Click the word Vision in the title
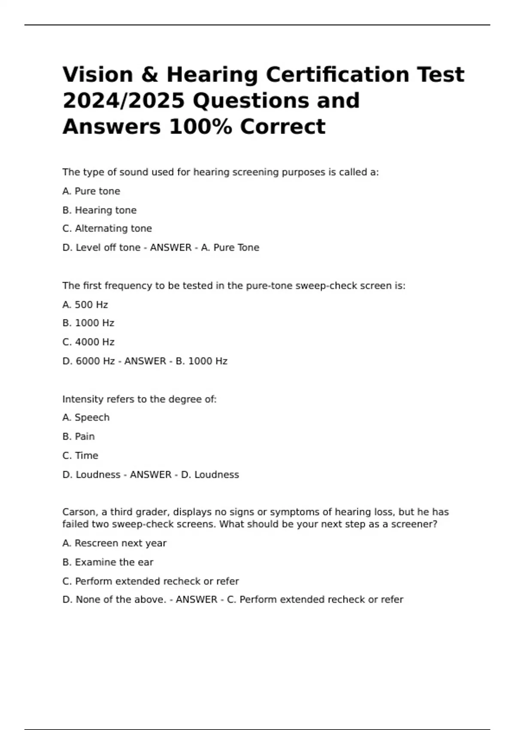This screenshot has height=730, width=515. click(98, 75)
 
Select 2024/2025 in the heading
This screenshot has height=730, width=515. click(124, 101)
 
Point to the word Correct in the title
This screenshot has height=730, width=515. click(282, 127)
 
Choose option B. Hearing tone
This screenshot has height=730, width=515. click(100, 210)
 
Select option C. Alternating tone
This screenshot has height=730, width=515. click(107, 229)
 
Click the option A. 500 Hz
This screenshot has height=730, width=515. click(85, 305)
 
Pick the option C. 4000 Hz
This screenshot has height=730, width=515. click(88, 342)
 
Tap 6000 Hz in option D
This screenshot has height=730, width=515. click(95, 361)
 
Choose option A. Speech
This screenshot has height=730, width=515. click(86, 418)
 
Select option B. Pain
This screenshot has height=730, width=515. click(79, 437)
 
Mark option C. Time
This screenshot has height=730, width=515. click(80, 456)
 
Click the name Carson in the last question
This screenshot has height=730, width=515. click(79, 512)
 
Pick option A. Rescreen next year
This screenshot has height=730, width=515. click(114, 544)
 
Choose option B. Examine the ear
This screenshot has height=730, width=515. click(108, 563)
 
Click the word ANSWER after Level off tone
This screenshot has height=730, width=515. click(170, 248)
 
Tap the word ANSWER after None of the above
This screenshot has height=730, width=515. click(196, 600)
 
